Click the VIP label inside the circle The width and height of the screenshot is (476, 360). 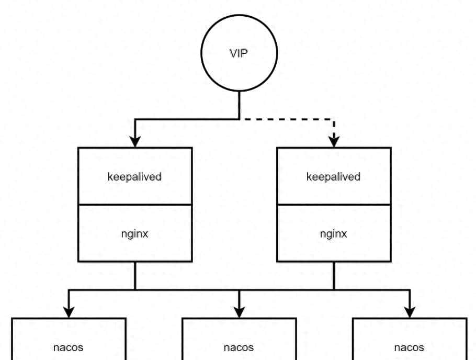239,53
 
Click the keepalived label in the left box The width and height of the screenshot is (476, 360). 134,177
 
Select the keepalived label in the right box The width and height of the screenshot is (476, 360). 333,177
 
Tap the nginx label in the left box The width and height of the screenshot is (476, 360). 134,234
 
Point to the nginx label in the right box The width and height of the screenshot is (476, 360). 333,234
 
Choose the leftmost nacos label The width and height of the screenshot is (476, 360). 68,347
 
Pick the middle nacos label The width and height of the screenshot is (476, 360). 239,347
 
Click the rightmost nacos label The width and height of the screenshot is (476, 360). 409,347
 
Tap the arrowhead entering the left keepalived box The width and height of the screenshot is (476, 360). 135,142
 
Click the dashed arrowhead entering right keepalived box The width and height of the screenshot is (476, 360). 334,142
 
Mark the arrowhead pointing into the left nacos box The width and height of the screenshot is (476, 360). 69,312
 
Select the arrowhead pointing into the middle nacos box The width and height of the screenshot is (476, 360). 239,312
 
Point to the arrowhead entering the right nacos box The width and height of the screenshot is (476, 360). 410,312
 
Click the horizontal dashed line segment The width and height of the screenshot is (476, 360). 287,119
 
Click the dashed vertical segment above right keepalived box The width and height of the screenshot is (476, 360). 334,127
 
